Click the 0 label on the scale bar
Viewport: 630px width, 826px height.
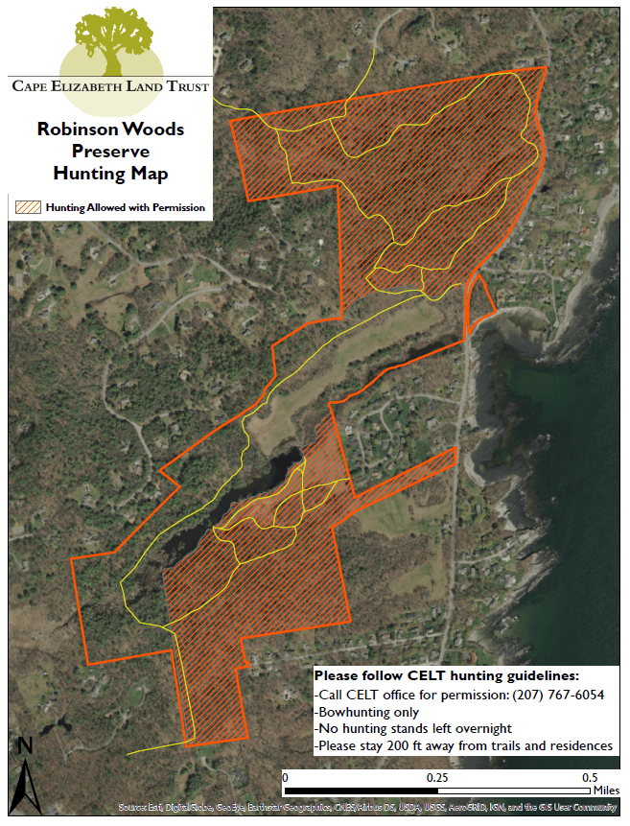[285, 777]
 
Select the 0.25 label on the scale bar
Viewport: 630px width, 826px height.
[438, 777]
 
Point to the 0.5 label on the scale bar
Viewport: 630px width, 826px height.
[587, 777]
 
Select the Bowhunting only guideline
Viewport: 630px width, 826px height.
[367, 713]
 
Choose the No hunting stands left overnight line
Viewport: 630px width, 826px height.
[413, 729]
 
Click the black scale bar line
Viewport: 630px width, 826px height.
[436, 791]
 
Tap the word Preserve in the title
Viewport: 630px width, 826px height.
[110, 151]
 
